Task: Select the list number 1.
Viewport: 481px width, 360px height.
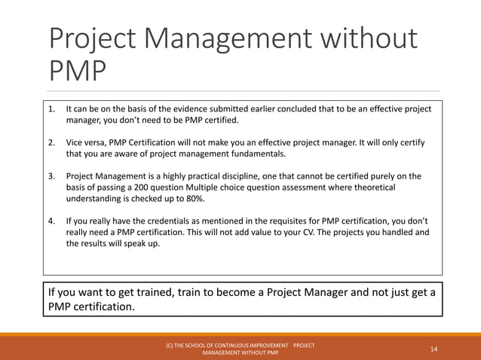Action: pyautogui.click(x=52, y=108)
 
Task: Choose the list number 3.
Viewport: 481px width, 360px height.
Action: pyautogui.click(x=52, y=176)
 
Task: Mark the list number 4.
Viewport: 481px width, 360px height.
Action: pyautogui.click(x=52, y=221)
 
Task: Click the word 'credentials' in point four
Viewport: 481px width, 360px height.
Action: pyautogui.click(x=167, y=221)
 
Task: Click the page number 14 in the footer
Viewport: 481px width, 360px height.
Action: pyautogui.click(x=434, y=349)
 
